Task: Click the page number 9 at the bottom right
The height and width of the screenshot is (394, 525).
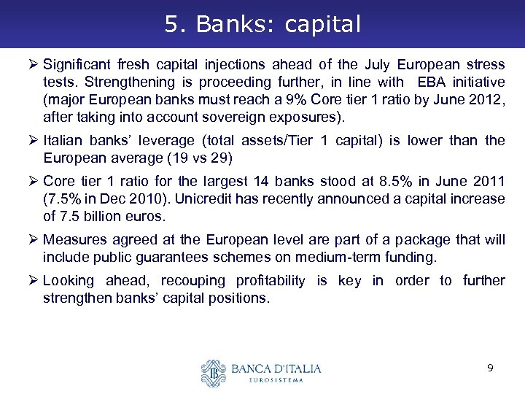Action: click(x=490, y=368)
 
